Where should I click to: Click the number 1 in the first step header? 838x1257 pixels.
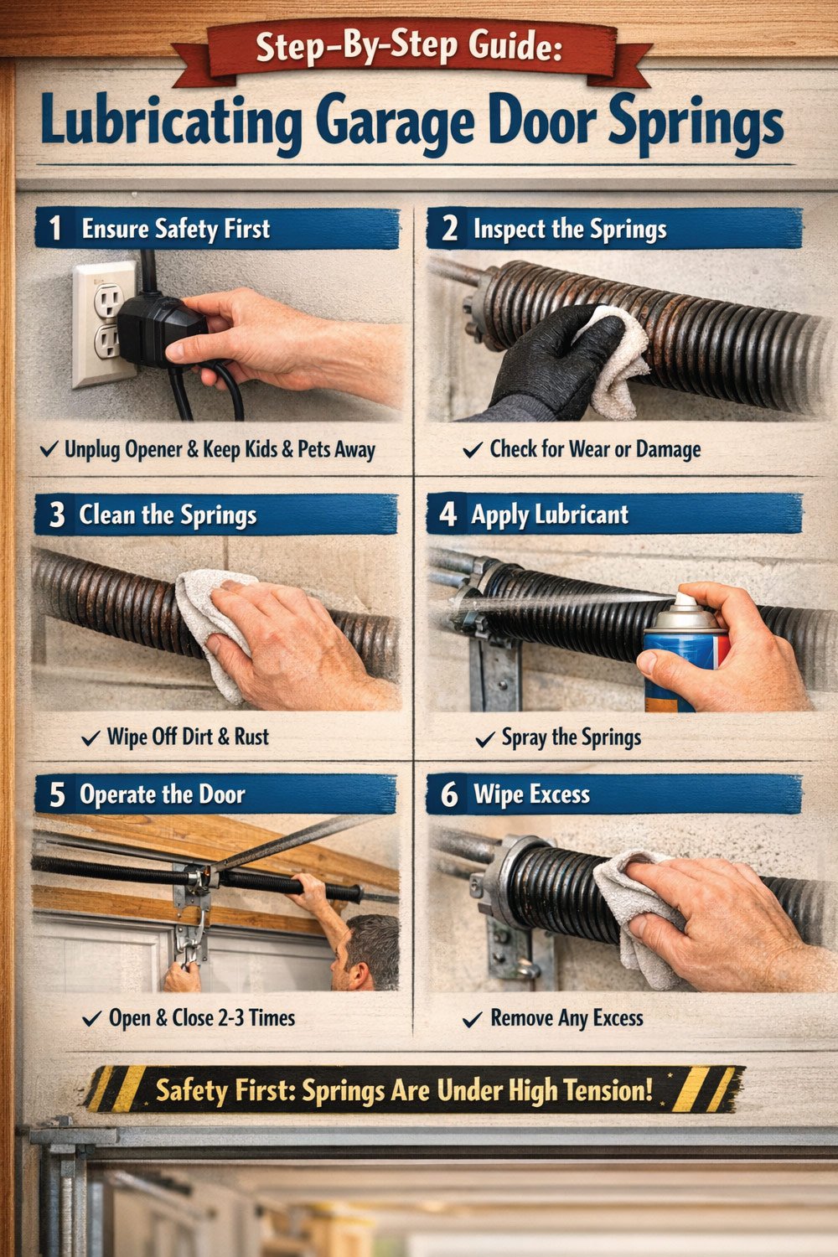(55, 229)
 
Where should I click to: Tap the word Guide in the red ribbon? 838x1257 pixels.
(511, 45)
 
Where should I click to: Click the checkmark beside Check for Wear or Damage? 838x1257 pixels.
(473, 451)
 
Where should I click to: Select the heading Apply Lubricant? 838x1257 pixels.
(549, 515)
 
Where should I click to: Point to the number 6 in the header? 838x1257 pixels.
(449, 794)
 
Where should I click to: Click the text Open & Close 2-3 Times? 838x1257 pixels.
(201, 1018)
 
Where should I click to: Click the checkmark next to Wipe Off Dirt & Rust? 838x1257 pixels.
(91, 738)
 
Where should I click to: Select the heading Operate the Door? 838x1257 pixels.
(162, 794)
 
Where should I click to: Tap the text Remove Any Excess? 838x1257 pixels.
(566, 1018)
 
